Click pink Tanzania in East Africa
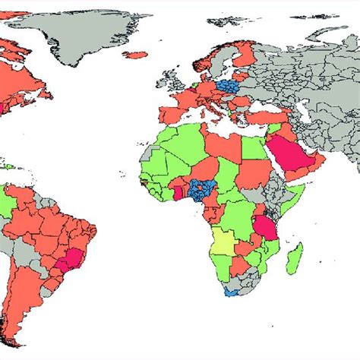264,228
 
